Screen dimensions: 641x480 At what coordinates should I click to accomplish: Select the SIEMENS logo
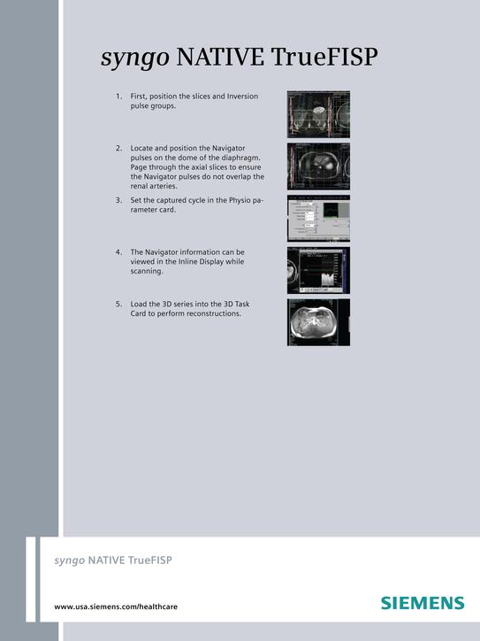point(423,603)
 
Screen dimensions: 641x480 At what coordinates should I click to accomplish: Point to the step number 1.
point(118,96)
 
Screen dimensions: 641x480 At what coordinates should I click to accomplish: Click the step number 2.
point(118,147)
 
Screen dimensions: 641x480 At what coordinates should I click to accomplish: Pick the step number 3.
point(118,200)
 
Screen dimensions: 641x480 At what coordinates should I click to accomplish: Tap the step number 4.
point(118,252)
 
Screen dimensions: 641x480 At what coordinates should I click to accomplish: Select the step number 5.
point(118,304)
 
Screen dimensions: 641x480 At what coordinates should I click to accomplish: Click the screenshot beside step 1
point(318,114)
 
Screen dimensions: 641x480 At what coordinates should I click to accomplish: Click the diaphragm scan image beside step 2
point(318,166)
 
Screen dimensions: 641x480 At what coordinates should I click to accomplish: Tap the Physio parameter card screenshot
point(318,218)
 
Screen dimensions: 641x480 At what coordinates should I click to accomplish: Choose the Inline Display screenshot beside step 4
point(318,270)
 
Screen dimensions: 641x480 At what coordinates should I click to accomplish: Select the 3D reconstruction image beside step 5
point(318,321)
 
